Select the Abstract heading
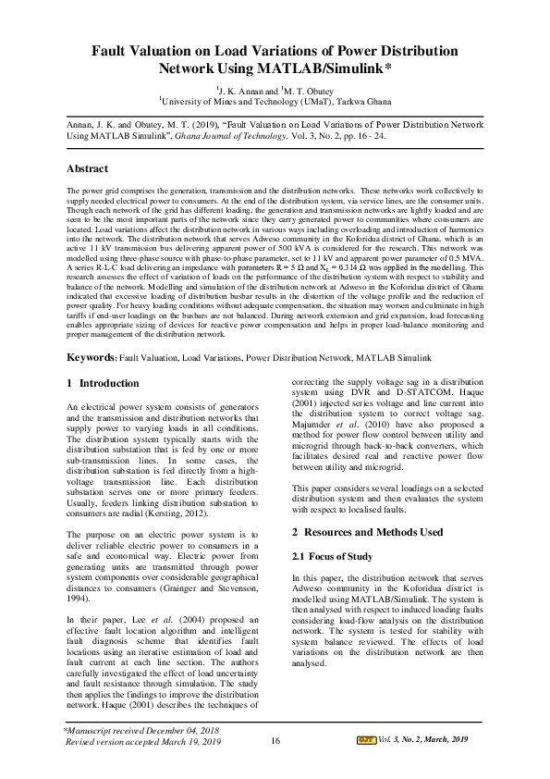tap(88, 168)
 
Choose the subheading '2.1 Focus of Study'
tap(333, 556)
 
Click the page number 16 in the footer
tap(275, 767)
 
